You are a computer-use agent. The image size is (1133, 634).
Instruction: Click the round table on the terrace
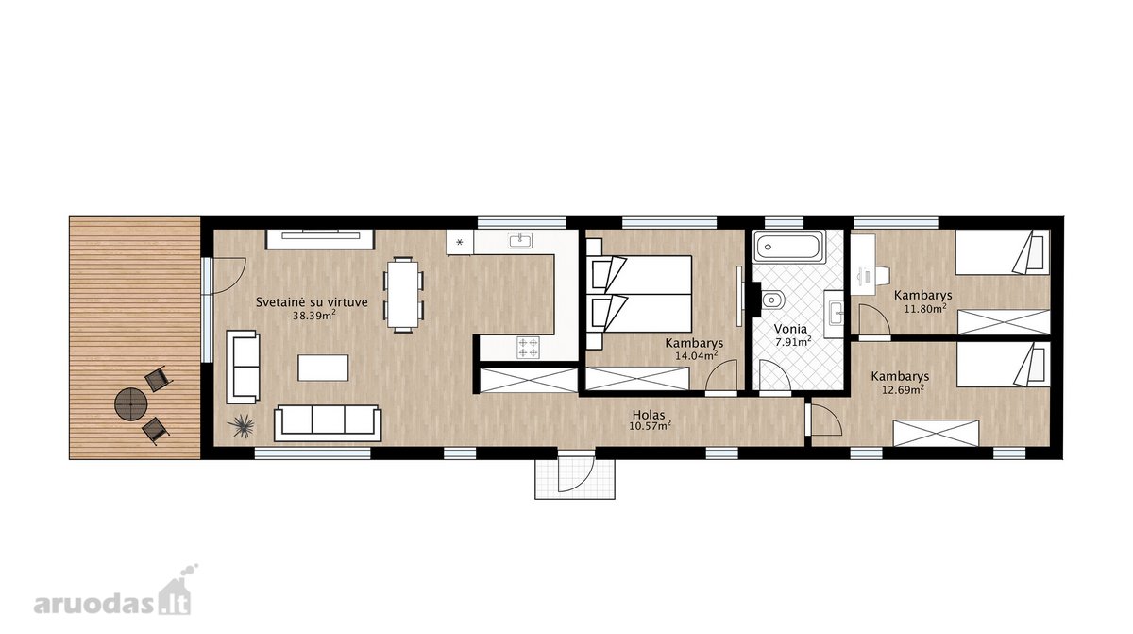tap(131, 404)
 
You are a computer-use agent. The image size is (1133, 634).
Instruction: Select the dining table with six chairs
tap(403, 295)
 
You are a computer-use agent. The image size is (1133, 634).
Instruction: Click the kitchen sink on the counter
tap(520, 241)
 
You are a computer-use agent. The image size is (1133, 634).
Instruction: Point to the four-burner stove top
tap(529, 348)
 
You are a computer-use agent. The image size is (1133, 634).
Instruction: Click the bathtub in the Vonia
tap(788, 247)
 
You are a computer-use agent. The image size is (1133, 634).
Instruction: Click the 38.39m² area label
tap(314, 316)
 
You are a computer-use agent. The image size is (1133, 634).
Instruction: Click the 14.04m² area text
tap(697, 355)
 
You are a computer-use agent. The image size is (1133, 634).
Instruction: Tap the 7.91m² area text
tap(793, 341)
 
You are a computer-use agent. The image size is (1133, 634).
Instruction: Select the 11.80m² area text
tap(925, 307)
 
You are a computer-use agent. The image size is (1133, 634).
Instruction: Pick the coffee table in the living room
tap(323, 368)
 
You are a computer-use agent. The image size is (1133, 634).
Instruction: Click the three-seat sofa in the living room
tap(328, 423)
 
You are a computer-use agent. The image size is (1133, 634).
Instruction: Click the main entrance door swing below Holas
tap(576, 472)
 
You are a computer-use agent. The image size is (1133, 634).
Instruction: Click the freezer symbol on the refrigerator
tap(459, 243)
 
